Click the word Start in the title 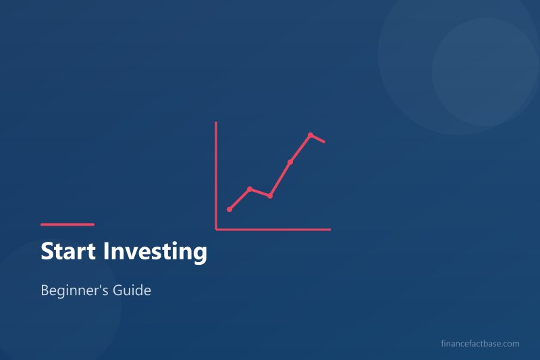[x=67, y=252]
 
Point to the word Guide [x=134, y=292]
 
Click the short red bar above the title [x=67, y=224]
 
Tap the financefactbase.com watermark [x=479, y=344]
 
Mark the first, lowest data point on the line [x=230, y=209]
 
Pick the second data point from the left [x=250, y=189]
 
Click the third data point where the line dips [x=270, y=196]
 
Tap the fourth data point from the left [x=290, y=162]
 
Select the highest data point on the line [x=310, y=135]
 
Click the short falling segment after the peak [x=319, y=138]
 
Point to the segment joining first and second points [x=240, y=199]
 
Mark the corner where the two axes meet [x=216, y=230]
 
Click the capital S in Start [x=47, y=252]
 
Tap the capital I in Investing [x=105, y=252]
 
